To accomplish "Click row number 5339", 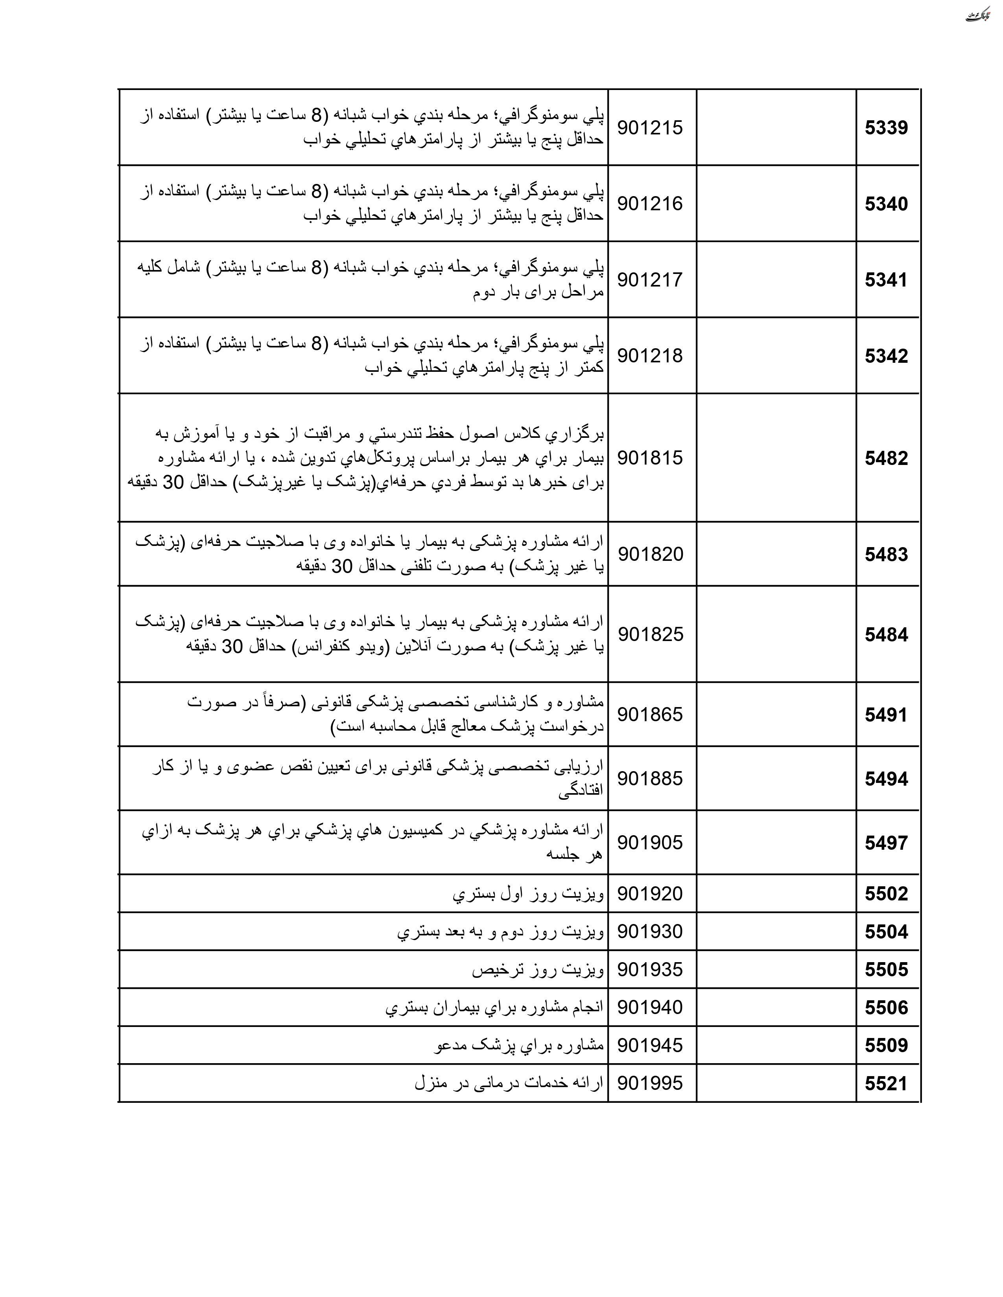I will (x=886, y=128).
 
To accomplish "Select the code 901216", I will (x=650, y=204).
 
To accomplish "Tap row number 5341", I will (x=886, y=280).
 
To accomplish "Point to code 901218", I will (x=650, y=356).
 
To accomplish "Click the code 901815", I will (x=650, y=458).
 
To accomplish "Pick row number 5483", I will (x=886, y=554).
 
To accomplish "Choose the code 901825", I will (x=650, y=634).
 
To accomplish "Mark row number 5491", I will (x=886, y=715).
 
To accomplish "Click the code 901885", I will (x=650, y=779).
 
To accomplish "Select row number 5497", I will (x=886, y=843).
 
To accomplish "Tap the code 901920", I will (x=650, y=894).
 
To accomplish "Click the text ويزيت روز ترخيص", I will (x=538, y=970).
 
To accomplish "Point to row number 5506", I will (x=886, y=1008).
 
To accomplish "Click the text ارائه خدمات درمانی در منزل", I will (x=509, y=1083).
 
